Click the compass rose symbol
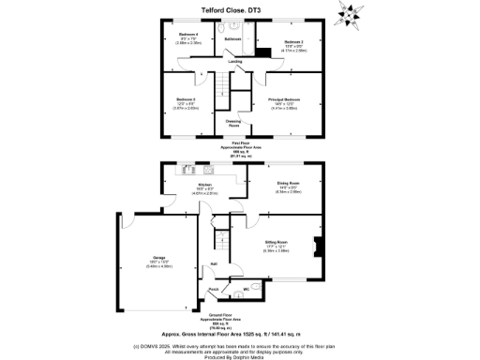[353, 14]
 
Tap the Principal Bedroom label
[284, 98]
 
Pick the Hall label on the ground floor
[214, 263]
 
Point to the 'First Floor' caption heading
[241, 142]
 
